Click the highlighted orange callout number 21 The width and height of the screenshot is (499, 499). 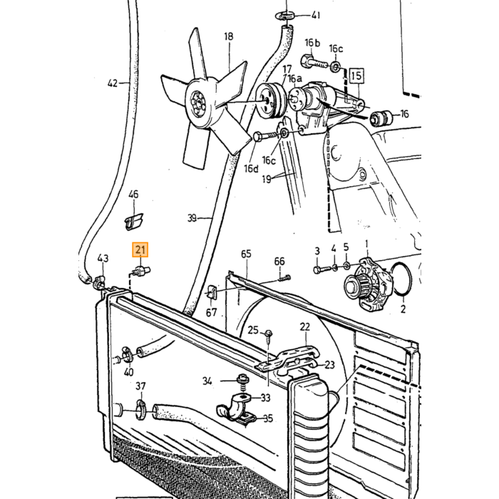click(140, 249)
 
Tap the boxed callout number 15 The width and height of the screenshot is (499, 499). click(356, 76)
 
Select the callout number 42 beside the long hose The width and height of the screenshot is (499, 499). click(113, 83)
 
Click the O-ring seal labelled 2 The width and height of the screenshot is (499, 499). click(402, 279)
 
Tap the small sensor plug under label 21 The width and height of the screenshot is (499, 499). click(141, 271)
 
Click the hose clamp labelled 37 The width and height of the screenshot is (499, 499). click(141, 410)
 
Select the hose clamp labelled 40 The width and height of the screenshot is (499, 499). click(128, 354)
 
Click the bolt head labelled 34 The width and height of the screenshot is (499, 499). click(243, 379)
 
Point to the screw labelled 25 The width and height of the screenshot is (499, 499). click(269, 336)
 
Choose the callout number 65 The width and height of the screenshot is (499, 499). click(246, 254)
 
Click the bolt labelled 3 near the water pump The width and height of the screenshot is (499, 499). click(322, 269)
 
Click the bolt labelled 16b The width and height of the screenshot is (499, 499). click(314, 62)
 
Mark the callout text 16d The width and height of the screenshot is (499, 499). click(252, 169)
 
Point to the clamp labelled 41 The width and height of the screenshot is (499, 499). click(285, 16)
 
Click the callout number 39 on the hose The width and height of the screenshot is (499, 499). click(192, 218)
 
